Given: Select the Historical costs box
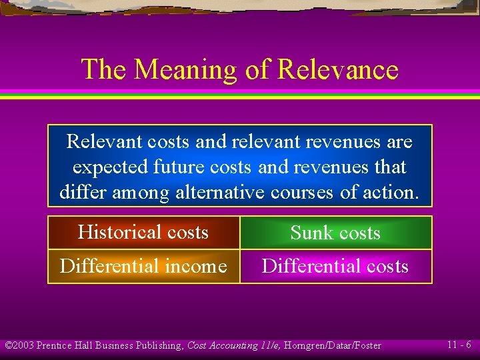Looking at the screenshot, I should (x=143, y=232).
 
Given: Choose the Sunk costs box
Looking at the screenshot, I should (x=335, y=233).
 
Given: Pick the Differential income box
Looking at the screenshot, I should (x=143, y=266).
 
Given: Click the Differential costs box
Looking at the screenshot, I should (x=335, y=266).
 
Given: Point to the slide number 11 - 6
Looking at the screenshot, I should (x=459, y=345).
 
